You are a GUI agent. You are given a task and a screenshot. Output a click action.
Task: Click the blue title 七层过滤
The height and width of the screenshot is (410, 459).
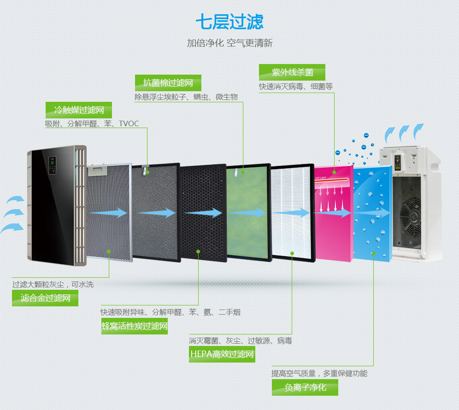229,22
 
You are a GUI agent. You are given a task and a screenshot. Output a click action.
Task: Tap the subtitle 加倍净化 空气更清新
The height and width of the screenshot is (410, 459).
229,43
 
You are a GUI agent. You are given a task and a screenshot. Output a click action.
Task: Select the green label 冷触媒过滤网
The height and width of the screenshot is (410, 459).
78,110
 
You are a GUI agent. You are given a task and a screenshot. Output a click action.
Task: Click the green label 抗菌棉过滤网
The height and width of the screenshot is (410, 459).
168,83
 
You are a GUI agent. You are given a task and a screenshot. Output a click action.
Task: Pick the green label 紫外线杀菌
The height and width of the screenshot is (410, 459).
292,72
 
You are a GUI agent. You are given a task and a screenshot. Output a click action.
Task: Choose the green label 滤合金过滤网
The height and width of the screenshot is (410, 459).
45,298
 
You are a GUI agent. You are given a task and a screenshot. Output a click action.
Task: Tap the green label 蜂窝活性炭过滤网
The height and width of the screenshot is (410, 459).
134,326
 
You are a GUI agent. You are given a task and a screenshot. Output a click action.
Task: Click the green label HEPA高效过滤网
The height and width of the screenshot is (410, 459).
222,354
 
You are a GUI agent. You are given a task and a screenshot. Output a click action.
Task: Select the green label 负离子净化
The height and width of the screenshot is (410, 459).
305,387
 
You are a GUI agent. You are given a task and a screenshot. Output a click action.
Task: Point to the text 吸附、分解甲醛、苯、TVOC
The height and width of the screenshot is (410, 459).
92,124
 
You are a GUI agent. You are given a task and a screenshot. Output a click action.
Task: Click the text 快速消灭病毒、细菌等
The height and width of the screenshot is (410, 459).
295,87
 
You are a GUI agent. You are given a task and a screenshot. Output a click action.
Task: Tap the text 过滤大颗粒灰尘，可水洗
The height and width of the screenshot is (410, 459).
53,285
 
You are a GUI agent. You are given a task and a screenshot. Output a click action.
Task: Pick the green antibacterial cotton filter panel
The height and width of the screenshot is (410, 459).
248,212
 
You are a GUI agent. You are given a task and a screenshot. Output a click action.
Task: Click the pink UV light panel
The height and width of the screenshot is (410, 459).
333,212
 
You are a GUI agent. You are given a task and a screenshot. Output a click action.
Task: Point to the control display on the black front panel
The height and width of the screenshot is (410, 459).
53,166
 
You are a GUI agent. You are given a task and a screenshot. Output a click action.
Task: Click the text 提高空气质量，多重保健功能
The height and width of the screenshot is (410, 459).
319,374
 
